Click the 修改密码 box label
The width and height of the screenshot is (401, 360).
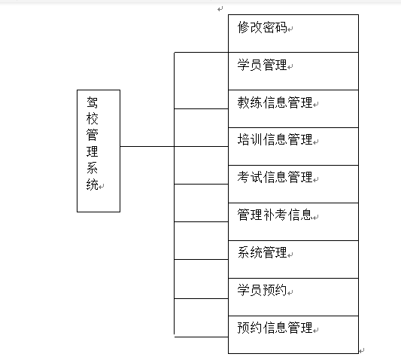click(262, 27)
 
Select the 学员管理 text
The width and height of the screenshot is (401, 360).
click(262, 65)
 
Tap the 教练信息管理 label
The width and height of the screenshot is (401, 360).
click(275, 102)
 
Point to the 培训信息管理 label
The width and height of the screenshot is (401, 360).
click(275, 140)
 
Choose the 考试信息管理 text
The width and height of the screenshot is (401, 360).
click(275, 177)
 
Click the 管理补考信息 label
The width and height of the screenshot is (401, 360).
click(275, 215)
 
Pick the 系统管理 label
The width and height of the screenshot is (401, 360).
click(262, 252)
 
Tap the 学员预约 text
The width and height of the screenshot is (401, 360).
click(262, 290)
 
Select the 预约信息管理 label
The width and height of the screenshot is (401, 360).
click(275, 328)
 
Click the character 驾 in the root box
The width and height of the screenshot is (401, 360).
click(92, 102)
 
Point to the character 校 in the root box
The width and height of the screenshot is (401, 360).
click(92, 118)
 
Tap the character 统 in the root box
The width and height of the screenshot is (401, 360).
click(92, 185)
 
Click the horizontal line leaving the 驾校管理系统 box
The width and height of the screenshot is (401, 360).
click(147, 146)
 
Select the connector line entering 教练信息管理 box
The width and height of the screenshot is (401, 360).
click(202, 108)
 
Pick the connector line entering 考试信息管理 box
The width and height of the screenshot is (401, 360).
click(202, 184)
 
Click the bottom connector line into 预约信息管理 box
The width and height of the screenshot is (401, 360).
click(202, 337)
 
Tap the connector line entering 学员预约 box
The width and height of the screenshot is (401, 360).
click(202, 298)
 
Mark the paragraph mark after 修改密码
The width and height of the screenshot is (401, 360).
click(290, 29)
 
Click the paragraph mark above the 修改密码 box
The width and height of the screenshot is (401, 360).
click(220, 9)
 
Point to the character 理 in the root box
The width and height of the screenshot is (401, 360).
click(92, 151)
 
